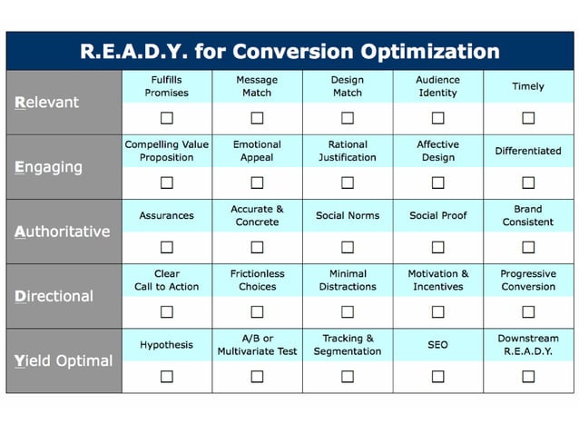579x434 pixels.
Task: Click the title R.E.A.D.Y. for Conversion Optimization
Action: point(289,51)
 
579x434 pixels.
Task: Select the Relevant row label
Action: point(47,103)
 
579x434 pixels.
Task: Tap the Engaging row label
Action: point(49,167)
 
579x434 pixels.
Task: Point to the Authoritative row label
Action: point(62,232)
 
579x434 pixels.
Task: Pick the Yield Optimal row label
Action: point(63,360)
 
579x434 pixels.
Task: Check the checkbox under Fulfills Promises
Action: point(167,118)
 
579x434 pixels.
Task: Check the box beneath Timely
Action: point(528,118)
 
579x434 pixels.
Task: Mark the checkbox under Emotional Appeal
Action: point(257,182)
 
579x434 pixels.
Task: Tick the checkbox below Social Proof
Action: point(437,247)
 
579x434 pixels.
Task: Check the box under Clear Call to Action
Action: point(167,311)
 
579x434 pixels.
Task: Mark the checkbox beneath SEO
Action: point(437,376)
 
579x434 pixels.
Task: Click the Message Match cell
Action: point(257,86)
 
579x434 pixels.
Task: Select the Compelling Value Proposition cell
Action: point(167,151)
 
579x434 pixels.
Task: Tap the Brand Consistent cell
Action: point(528,215)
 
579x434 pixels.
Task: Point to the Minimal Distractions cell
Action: point(348,280)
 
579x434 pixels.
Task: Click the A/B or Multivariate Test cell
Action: point(257,344)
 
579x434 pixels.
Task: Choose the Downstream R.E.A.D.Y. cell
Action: point(528,344)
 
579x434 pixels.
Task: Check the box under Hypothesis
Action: point(167,376)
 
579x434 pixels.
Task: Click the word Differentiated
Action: point(528,151)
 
